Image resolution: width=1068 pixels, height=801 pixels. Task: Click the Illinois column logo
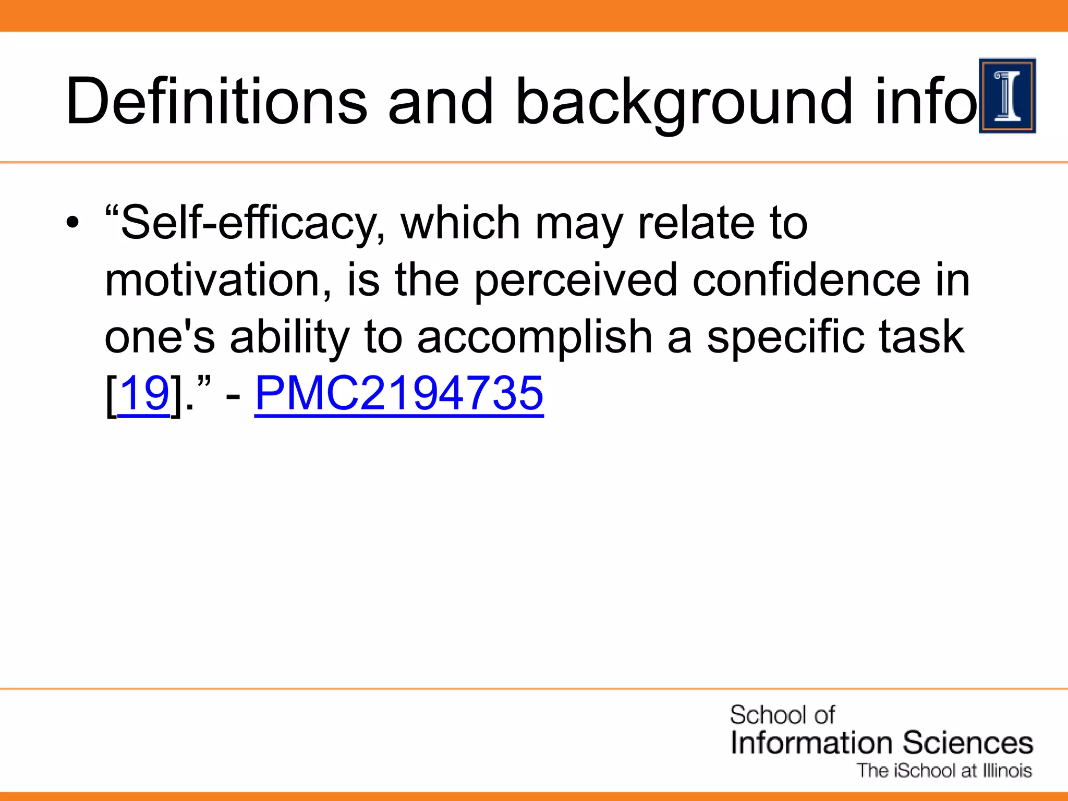coord(1007,96)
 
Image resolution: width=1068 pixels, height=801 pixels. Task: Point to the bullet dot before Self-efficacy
coord(73,223)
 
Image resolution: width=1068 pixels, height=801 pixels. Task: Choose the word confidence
coord(806,280)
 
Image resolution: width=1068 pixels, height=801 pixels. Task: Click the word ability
coord(290,337)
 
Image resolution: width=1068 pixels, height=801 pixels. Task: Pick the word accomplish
coord(535,337)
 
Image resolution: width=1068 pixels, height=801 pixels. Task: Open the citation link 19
coord(144,393)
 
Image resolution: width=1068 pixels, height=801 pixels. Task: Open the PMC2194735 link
coord(399,393)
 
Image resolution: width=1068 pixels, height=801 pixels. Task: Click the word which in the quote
coord(460,223)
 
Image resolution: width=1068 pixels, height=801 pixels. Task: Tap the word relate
coord(696,223)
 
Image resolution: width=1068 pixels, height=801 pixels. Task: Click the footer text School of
coord(782,715)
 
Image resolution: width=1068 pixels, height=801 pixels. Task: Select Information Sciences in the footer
coord(881,743)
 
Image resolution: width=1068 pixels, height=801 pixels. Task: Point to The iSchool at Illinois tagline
coord(944,770)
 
